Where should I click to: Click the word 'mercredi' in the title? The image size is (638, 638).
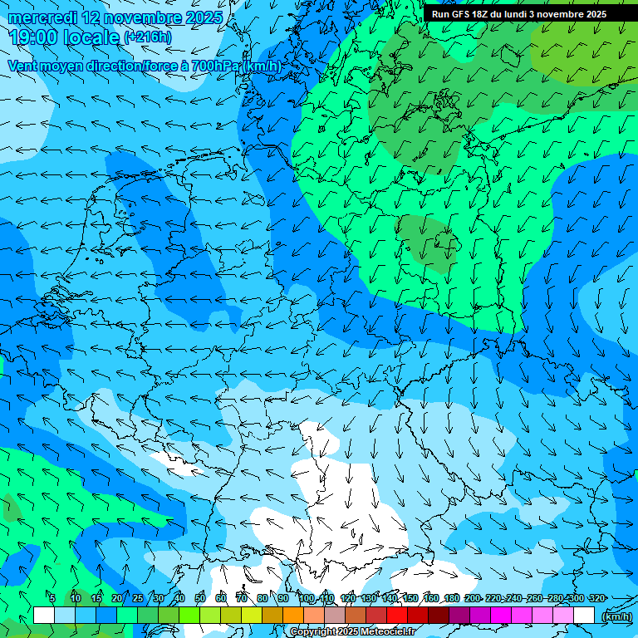click(43, 17)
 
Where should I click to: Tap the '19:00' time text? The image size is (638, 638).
click(33, 37)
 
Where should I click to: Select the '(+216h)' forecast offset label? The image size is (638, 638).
click(147, 37)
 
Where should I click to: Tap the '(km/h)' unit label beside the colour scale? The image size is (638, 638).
click(616, 616)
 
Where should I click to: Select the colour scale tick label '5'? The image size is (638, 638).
click(52, 598)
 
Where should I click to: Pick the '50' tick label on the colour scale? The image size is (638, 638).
click(200, 598)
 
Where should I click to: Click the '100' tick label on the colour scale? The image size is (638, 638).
click(306, 598)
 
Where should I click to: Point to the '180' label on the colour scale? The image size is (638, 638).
click(451, 598)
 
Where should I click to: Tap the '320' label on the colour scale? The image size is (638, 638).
click(596, 598)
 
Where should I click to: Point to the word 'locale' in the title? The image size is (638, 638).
click(91, 37)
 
